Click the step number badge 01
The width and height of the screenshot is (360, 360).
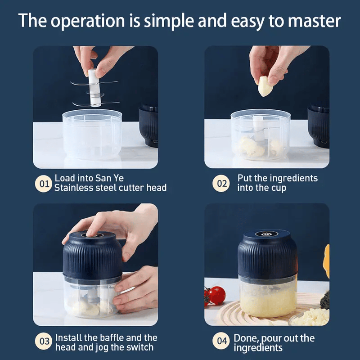point(44,183)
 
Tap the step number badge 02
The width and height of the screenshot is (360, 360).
point(221,183)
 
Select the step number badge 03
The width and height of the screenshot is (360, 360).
point(44,342)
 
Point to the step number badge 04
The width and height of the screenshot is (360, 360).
point(222,342)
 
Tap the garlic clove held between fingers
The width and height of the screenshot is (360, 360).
point(265,86)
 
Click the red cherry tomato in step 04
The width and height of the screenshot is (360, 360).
point(217,295)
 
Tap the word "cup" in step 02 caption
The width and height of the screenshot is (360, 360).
point(277,188)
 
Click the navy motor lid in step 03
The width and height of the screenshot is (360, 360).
point(92,254)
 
